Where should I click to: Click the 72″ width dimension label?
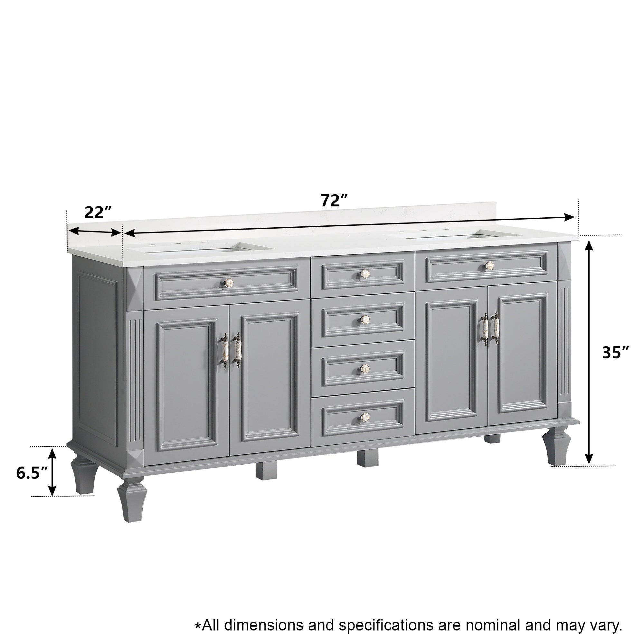(334, 200)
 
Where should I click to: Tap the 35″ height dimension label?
(615, 353)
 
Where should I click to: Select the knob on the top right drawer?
(489, 265)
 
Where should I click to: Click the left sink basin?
(200, 248)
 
